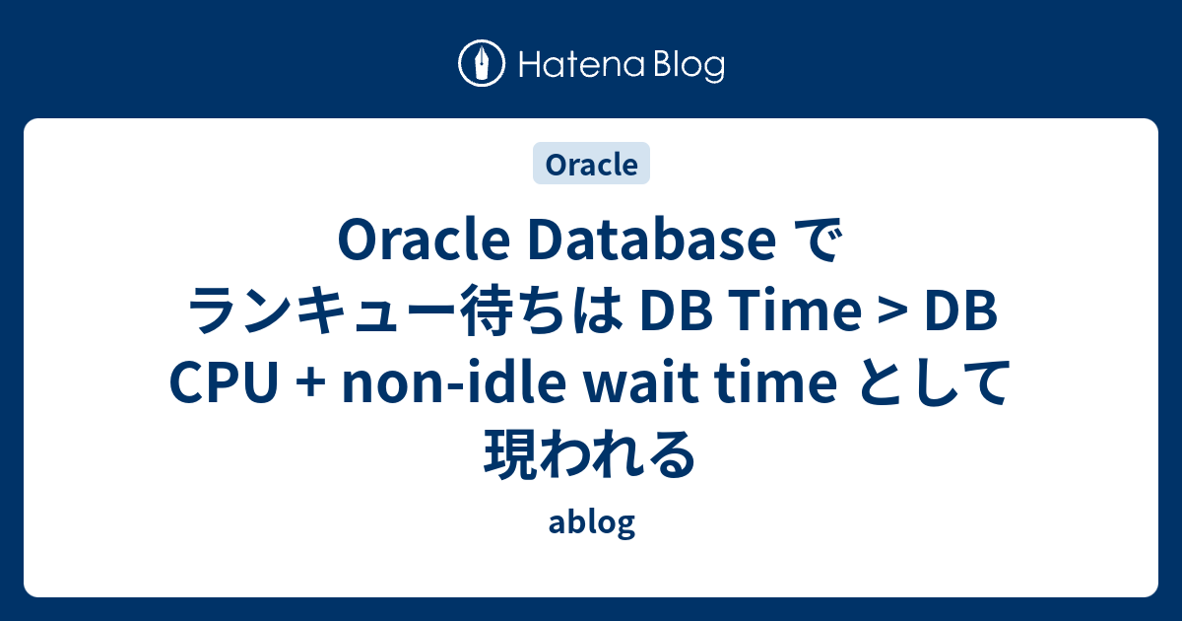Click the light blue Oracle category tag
tap(591, 164)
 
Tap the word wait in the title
tap(633, 386)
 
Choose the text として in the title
tap(932, 386)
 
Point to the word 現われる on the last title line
tap(591, 455)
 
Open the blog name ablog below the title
tap(591, 523)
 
